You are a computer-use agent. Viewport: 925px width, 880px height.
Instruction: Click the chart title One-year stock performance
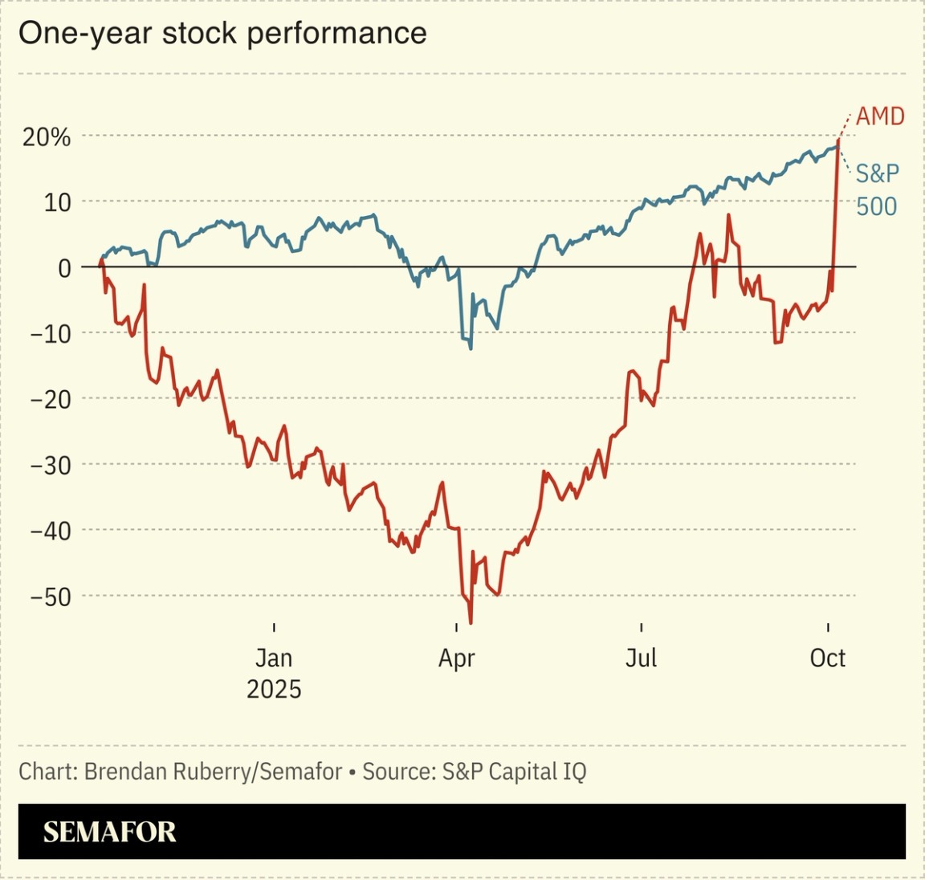click(222, 34)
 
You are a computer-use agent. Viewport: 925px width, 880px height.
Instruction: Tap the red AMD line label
click(880, 116)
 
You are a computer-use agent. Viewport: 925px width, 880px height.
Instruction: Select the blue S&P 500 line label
click(877, 189)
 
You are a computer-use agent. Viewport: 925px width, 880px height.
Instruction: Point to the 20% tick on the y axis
click(47, 137)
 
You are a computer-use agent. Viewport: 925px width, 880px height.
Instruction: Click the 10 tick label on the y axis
click(59, 202)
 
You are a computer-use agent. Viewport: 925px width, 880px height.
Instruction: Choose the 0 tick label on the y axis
click(64, 268)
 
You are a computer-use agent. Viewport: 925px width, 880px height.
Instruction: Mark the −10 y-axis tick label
click(51, 334)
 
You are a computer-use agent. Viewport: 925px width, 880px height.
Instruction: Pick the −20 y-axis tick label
click(51, 400)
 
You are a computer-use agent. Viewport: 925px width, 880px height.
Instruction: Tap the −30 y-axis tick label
click(51, 466)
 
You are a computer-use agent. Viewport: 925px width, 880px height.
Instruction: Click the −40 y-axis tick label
click(51, 532)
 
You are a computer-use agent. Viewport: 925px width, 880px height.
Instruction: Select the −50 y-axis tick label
click(51, 597)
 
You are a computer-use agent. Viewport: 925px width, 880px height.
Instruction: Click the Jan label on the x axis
click(274, 658)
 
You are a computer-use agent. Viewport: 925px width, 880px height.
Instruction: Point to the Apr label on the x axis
click(457, 658)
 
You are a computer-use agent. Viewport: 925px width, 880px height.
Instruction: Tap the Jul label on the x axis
click(642, 658)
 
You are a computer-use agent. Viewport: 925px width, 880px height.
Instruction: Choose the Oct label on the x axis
click(828, 658)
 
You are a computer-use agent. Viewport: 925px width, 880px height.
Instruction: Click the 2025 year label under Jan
click(274, 690)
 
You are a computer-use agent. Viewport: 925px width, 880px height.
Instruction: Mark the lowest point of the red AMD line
click(471, 622)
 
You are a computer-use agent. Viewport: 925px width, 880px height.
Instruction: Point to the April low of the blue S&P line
click(471, 348)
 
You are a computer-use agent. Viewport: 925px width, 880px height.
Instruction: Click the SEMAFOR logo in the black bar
click(110, 832)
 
